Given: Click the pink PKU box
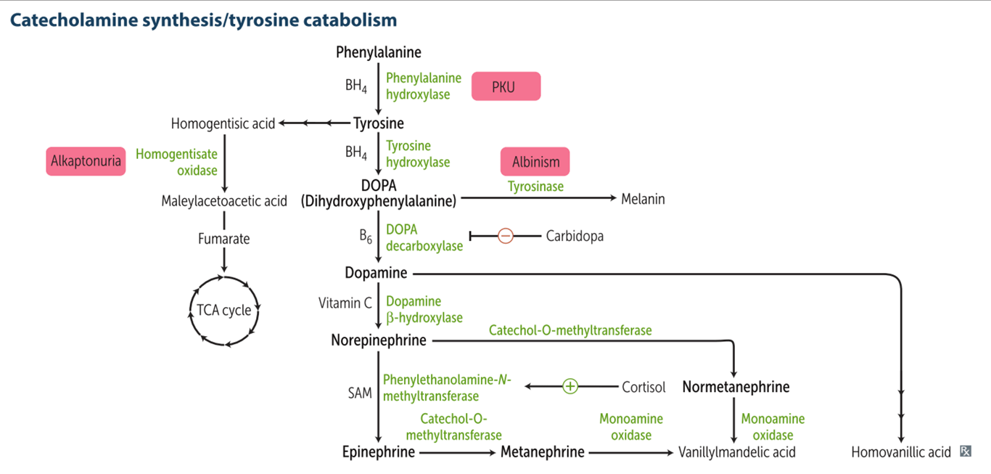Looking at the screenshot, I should [506, 86].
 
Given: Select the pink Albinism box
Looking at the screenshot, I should [535, 162].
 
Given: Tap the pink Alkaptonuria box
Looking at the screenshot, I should [86, 160].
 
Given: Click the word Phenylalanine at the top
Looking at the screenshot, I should [379, 52].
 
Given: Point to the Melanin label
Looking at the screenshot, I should [643, 198].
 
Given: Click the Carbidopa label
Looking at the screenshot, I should [575, 236].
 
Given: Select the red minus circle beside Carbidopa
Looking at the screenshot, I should [506, 236].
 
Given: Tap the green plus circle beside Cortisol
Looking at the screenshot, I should [570, 387].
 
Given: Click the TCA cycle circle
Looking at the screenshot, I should [225, 311].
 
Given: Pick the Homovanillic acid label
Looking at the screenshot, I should [901, 452].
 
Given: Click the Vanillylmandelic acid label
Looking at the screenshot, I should [736, 452].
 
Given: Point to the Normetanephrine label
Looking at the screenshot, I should [736, 387].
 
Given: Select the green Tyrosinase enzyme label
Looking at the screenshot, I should [535, 187].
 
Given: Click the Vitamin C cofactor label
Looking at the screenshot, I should [345, 303].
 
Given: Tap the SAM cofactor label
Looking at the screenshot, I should [360, 393].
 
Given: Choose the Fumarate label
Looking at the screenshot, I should [224, 238].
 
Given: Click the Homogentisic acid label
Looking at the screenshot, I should [223, 123].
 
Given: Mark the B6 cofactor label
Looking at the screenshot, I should [365, 237].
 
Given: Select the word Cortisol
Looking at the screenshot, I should [643, 387].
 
